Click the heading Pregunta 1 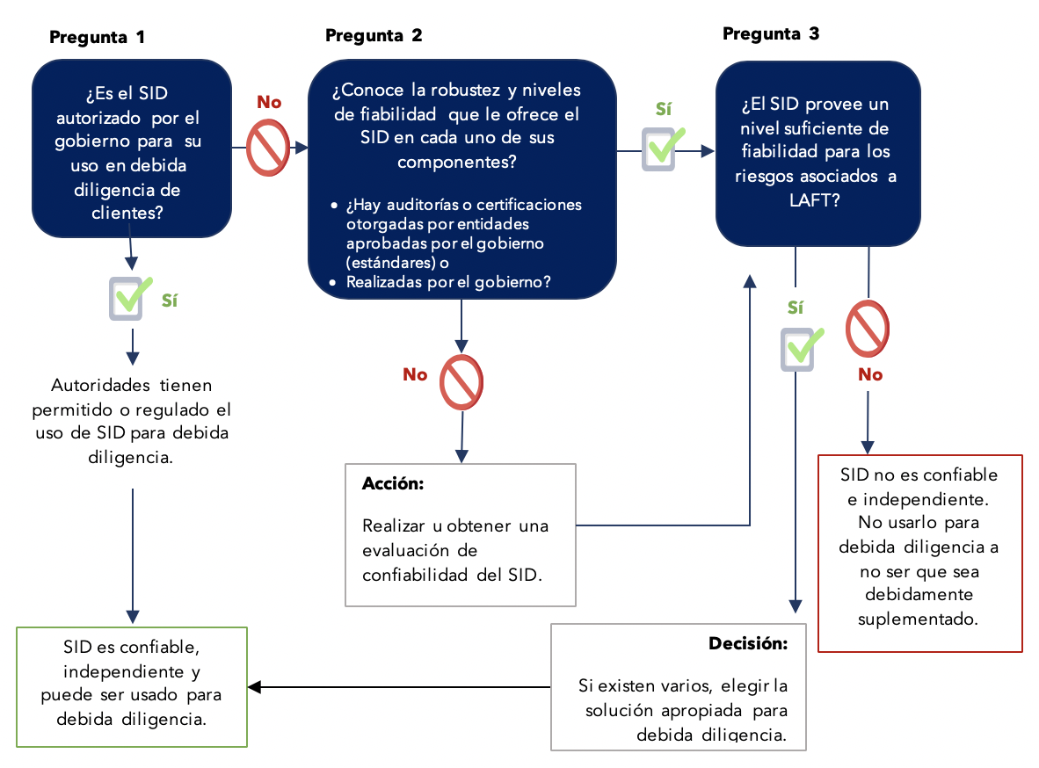click(97, 37)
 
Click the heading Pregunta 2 click(374, 35)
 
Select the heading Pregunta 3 click(771, 33)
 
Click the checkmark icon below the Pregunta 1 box click(129, 298)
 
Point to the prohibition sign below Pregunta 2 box click(461, 382)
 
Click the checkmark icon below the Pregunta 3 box click(800, 348)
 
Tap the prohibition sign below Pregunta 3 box click(868, 329)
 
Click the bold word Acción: click(393, 484)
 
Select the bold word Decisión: click(748, 643)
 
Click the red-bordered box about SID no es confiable click(919, 553)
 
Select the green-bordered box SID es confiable click(133, 686)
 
